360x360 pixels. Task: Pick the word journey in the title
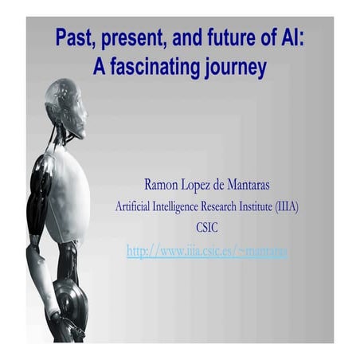(236, 68)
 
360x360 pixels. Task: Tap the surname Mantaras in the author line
(243, 186)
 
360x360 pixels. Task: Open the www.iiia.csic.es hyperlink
(206, 252)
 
